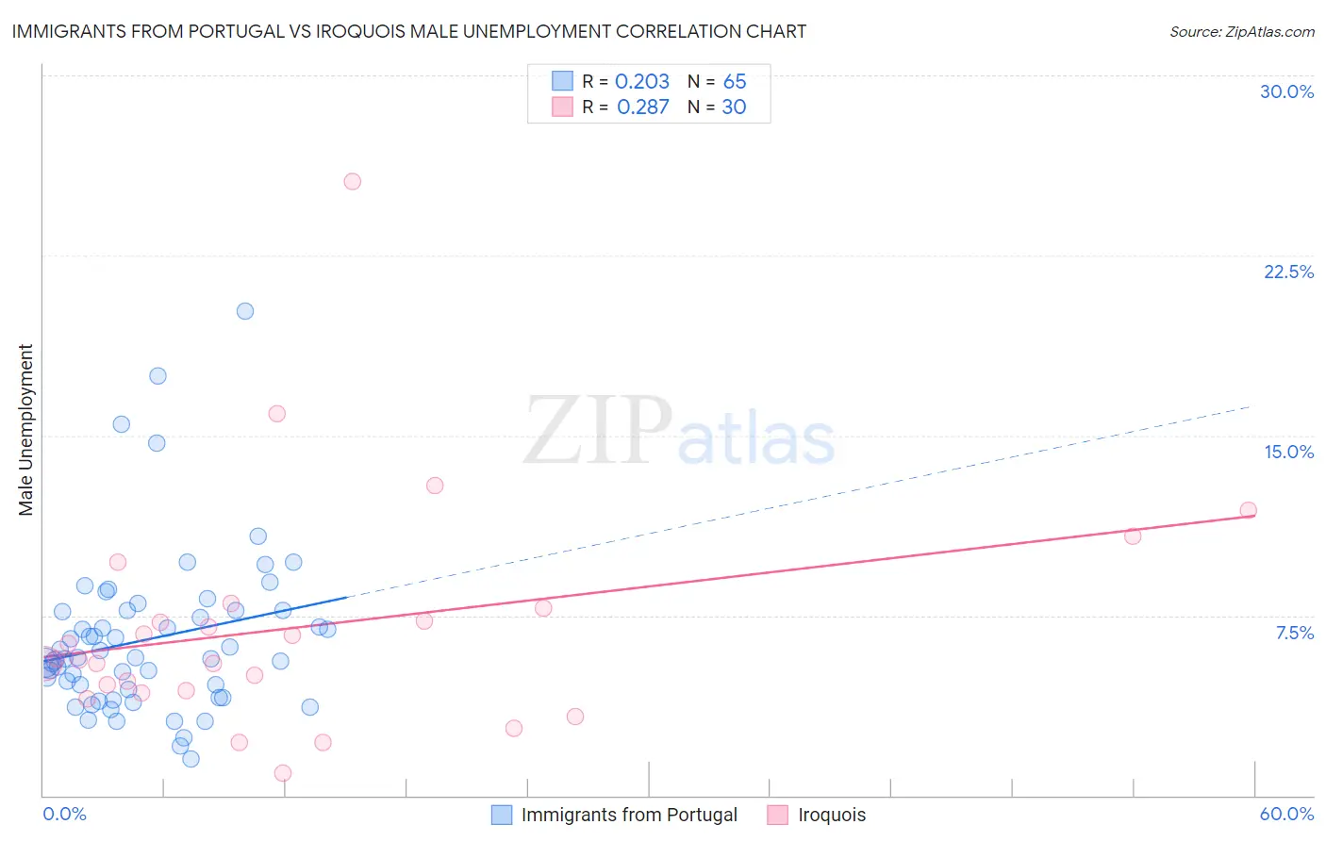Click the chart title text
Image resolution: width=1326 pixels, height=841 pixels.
pos(408,31)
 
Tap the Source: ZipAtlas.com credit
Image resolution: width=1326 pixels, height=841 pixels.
pos(1241,31)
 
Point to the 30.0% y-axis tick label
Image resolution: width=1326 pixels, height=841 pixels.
pos(1286,91)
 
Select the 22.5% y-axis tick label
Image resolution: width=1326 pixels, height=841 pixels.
pos(1288,272)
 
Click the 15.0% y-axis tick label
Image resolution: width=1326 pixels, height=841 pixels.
pos(1288,452)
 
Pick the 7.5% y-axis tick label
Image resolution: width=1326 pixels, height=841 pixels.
pos(1294,633)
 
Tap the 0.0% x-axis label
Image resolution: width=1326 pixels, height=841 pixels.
pos(64,814)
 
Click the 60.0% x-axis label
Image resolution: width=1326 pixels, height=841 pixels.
pos(1286,814)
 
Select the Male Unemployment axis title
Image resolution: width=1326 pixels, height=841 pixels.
pos(25,430)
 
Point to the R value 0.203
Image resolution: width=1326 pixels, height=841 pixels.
pos(642,82)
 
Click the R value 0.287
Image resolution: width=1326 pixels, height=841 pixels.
pos(642,107)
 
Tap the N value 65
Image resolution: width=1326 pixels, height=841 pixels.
pos(735,82)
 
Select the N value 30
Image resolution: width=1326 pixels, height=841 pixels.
pos(734,107)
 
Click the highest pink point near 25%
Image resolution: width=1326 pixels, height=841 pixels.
pos(353,181)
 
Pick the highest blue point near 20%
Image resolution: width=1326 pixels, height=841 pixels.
pos(245,311)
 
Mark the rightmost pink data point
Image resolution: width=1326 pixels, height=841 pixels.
pos(1248,510)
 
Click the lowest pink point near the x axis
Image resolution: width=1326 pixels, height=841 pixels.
pos(283,773)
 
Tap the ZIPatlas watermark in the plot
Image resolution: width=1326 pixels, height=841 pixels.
pos(679,432)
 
